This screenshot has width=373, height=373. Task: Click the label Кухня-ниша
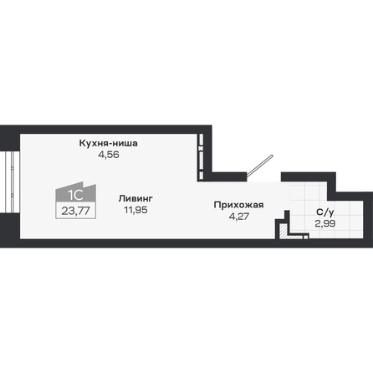(109, 143)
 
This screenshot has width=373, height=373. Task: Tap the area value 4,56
(109, 155)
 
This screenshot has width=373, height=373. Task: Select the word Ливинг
(135, 198)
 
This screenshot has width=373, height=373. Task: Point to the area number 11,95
(135, 210)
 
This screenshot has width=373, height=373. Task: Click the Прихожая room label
(238, 205)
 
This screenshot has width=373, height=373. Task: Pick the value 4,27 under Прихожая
(239, 217)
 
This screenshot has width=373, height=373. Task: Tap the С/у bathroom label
(325, 212)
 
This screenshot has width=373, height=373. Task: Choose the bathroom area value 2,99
(325, 223)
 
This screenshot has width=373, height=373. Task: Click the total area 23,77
(76, 211)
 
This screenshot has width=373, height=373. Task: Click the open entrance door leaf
(260, 166)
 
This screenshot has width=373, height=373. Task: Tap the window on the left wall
(10, 182)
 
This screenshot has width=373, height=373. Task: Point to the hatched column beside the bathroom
(284, 231)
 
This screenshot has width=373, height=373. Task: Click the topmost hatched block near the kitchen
(202, 140)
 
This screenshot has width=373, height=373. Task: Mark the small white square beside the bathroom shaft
(306, 238)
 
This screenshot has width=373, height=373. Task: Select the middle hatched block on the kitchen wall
(202, 160)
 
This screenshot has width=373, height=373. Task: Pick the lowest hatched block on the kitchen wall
(202, 176)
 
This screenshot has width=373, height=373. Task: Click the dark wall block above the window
(10, 139)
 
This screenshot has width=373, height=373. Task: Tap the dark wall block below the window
(10, 228)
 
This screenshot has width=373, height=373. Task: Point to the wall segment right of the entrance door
(308, 177)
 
